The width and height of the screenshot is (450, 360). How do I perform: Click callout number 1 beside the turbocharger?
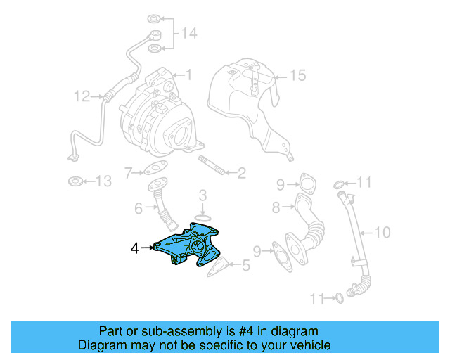tap(188, 74)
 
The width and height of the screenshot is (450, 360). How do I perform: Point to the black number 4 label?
tap(134, 247)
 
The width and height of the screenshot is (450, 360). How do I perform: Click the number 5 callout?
tap(245, 266)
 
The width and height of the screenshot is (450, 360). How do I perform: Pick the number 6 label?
tap(139, 208)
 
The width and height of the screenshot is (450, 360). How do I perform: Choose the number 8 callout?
tap(276, 207)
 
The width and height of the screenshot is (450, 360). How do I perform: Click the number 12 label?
tap(82, 95)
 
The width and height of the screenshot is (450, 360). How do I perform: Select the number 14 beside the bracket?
tap(189, 34)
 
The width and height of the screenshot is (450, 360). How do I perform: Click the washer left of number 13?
tap(74, 182)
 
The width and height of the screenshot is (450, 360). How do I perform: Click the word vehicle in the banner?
tap(309, 345)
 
